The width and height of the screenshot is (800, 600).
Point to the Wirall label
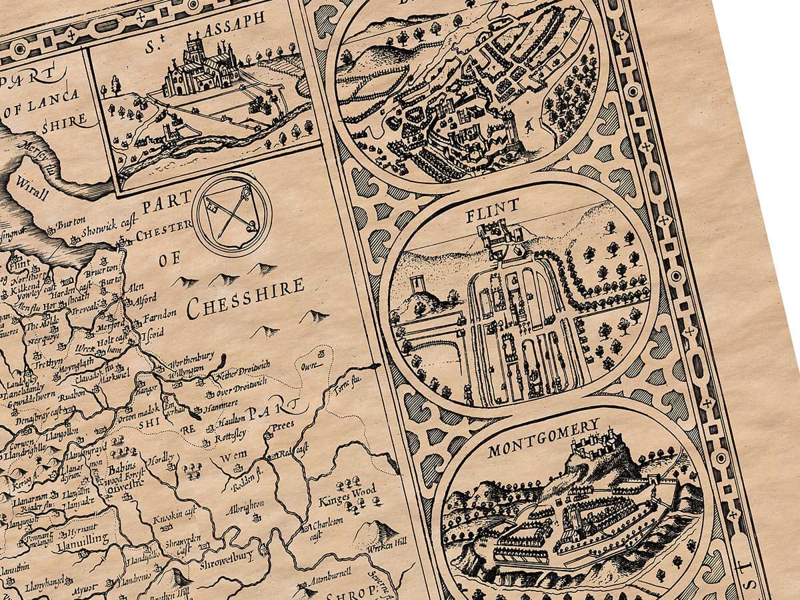(31, 194)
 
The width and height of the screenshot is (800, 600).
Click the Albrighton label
(246, 509)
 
